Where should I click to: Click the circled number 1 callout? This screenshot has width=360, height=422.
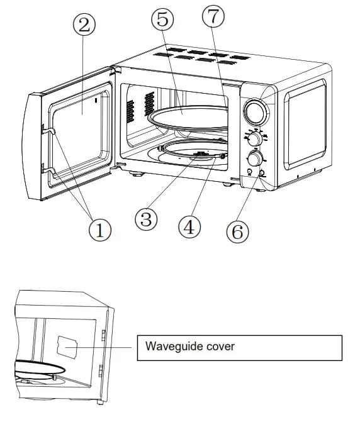click(x=99, y=230)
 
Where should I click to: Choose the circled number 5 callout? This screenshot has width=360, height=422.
click(x=162, y=19)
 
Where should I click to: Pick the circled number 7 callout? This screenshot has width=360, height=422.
click(x=212, y=17)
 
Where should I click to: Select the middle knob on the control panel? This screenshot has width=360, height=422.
click(x=254, y=139)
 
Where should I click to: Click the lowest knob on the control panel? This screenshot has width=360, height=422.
click(x=256, y=157)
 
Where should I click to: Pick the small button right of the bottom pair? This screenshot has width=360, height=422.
click(x=262, y=173)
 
